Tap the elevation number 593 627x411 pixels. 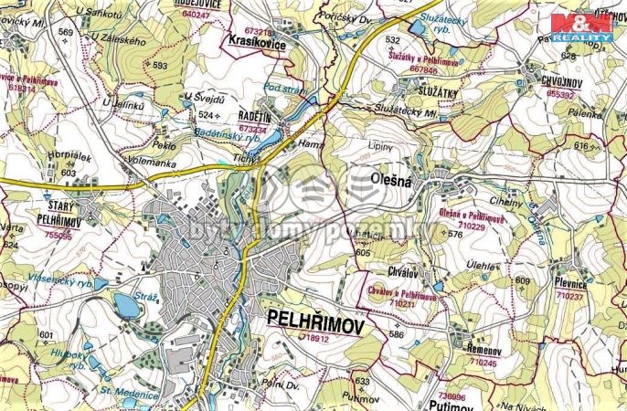click(x=160, y=66)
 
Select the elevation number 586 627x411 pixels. click(x=395, y=335)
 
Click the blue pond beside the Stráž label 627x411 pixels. click(x=128, y=306)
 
